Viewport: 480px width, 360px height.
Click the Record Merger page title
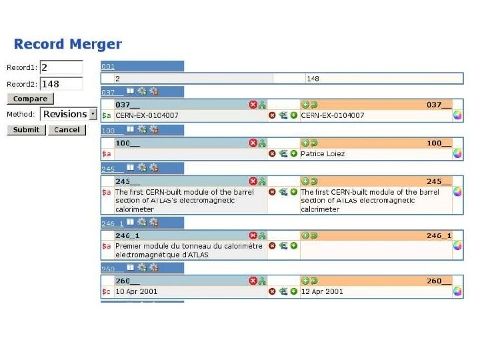pyautogui.click(x=68, y=45)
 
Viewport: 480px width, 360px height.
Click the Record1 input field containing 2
pyautogui.click(x=61, y=67)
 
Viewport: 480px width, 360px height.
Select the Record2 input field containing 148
pyautogui.click(x=61, y=84)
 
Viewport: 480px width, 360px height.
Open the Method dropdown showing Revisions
pyautogui.click(x=69, y=115)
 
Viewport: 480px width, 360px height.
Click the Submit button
pyautogui.click(x=26, y=129)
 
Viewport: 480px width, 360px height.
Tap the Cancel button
pyautogui.click(x=67, y=129)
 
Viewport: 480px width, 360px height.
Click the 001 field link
pyautogui.click(x=108, y=66)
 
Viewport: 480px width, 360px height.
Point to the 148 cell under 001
pyautogui.click(x=313, y=79)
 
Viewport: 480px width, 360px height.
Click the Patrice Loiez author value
pyautogui.click(x=323, y=153)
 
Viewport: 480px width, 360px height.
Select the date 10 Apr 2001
pyautogui.click(x=137, y=291)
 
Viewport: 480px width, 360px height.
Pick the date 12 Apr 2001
pyautogui.click(x=322, y=291)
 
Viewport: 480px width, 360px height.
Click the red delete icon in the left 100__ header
pyautogui.click(x=253, y=143)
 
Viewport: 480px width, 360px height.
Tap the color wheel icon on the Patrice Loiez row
pyautogui.click(x=457, y=153)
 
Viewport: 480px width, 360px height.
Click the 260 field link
pyautogui.click(x=108, y=269)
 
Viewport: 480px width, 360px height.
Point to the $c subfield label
pyautogui.click(x=106, y=291)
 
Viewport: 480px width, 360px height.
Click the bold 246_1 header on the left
pyautogui.click(x=128, y=235)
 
